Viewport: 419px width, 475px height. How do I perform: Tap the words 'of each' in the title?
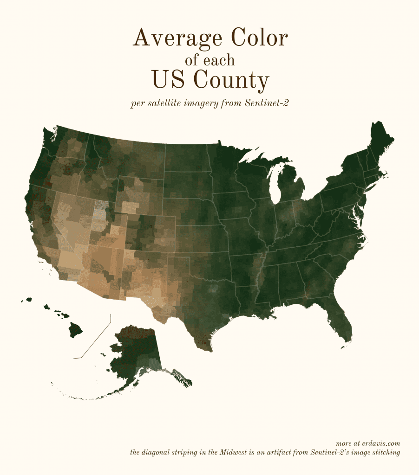click(x=209, y=60)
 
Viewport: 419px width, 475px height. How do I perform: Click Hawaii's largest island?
click(x=75, y=331)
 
